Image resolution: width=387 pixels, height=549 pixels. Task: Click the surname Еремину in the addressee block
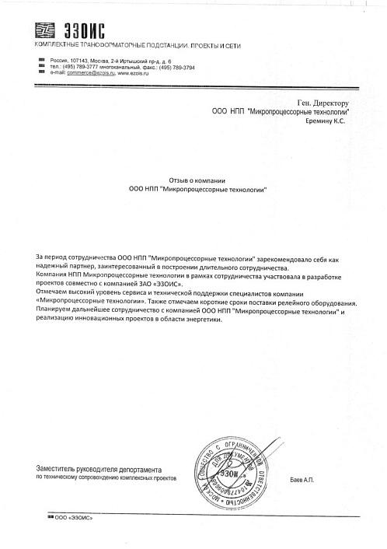click(314, 122)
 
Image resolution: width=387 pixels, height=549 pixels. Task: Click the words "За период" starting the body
click(51, 256)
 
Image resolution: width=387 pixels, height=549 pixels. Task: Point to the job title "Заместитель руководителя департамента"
click(99, 470)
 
